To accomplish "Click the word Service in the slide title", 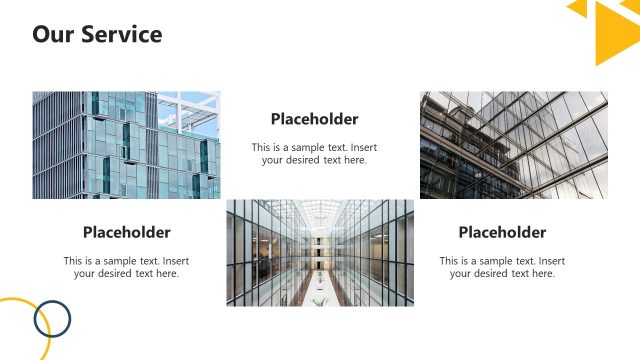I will pyautogui.click(x=122, y=34).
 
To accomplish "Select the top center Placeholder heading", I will pyautogui.click(x=314, y=119).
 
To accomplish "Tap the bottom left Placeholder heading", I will pyautogui.click(x=126, y=233).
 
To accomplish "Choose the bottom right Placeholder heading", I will pyautogui.click(x=502, y=233).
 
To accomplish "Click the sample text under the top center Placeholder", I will pyautogui.click(x=314, y=153).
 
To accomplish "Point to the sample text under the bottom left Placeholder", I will pyautogui.click(x=126, y=267).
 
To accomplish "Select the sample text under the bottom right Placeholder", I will pyautogui.click(x=502, y=267).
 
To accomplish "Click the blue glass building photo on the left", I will pyautogui.click(x=126, y=145).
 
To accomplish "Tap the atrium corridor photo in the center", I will pyautogui.click(x=320, y=252).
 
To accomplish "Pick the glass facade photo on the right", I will pyautogui.click(x=513, y=145).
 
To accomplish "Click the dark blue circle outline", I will pyautogui.click(x=52, y=320).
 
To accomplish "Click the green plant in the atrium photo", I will pyautogui.click(x=319, y=300).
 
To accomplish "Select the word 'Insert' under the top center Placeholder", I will pyautogui.click(x=363, y=147).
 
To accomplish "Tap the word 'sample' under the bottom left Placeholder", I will pyautogui.click(x=129, y=261).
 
